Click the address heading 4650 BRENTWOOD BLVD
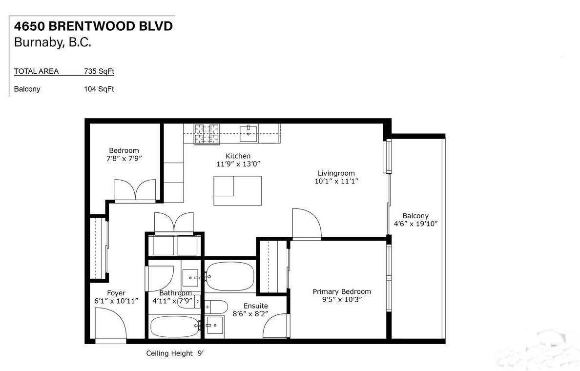(x=93, y=26)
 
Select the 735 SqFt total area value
(x=99, y=71)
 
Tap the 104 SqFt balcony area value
(x=99, y=89)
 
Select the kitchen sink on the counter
(x=249, y=132)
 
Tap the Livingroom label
(x=336, y=173)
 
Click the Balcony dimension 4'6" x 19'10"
(x=415, y=224)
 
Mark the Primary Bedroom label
(x=342, y=291)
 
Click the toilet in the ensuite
(x=215, y=307)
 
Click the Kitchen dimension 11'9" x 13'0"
(x=238, y=164)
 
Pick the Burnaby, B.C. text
(x=53, y=42)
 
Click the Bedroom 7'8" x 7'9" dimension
(x=124, y=159)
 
